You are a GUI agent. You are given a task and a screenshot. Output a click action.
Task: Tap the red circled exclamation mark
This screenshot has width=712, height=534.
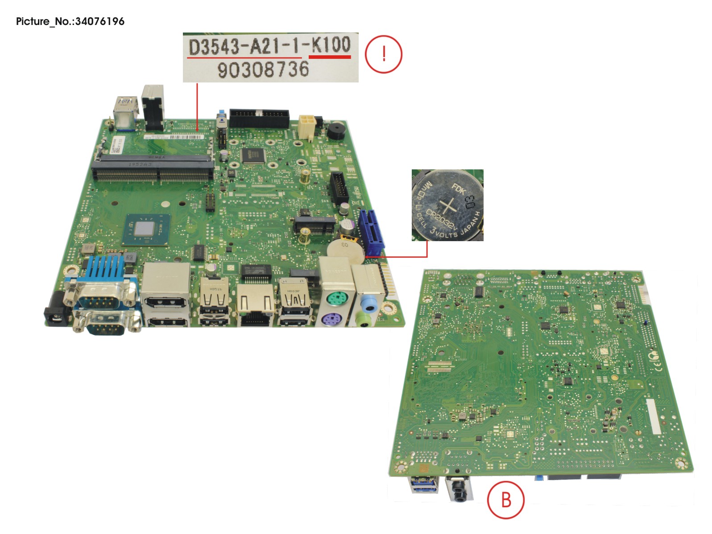point(384,54)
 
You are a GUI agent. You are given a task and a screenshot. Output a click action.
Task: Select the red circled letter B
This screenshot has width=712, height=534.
point(505,500)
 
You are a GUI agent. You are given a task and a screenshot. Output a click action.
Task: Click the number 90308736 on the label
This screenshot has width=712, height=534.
point(263,70)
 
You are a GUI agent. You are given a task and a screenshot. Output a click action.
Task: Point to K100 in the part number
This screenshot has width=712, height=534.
point(331,45)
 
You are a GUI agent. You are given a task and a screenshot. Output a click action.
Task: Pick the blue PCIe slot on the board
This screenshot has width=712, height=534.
point(372,233)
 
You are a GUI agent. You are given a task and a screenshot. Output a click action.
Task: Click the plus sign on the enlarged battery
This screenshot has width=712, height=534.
point(448,206)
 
